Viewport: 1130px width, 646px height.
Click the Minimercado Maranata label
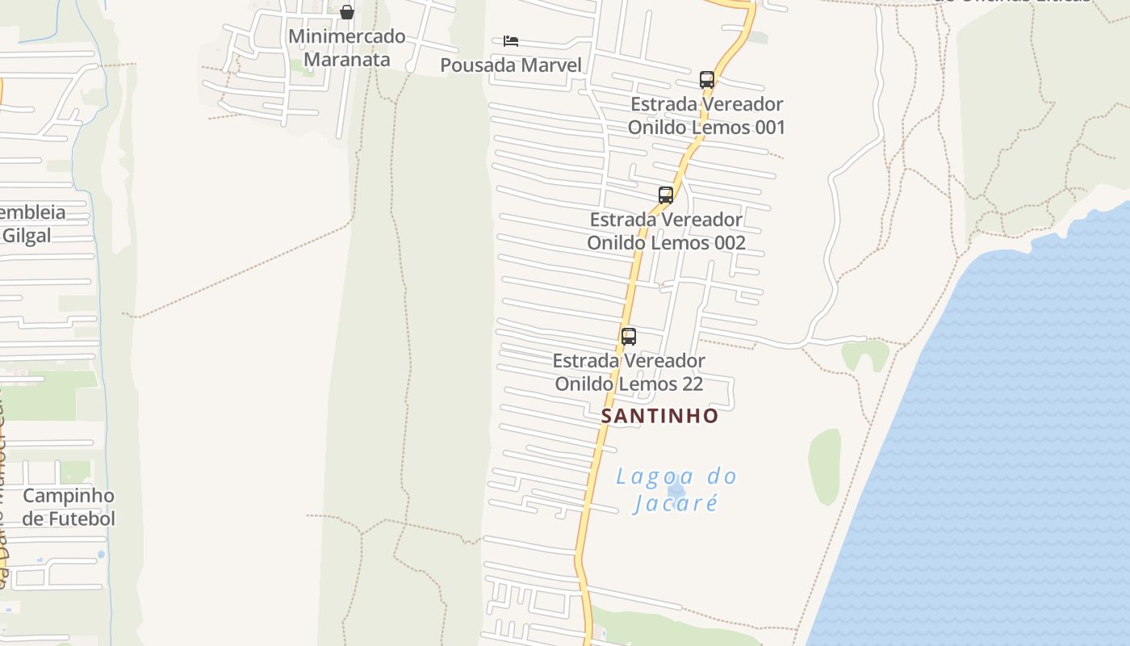(347, 48)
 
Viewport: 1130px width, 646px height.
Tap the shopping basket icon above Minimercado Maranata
(347, 12)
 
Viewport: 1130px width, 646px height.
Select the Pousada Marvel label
(510, 65)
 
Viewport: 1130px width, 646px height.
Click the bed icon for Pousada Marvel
(510, 41)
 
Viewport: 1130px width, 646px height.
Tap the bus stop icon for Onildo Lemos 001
(707, 80)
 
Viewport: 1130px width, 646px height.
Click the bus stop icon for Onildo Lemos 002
(666, 195)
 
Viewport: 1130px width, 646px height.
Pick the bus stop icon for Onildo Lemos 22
(629, 337)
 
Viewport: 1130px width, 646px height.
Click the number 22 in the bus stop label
(692, 384)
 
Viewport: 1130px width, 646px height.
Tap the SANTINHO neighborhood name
(659, 416)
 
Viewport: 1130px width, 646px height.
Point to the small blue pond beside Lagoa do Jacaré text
(676, 489)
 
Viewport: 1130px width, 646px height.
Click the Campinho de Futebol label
(69, 507)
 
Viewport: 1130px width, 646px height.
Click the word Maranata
(347, 60)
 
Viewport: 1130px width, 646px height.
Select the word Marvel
(549, 65)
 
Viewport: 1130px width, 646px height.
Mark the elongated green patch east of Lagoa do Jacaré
(825, 467)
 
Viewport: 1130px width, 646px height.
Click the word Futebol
(81, 519)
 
